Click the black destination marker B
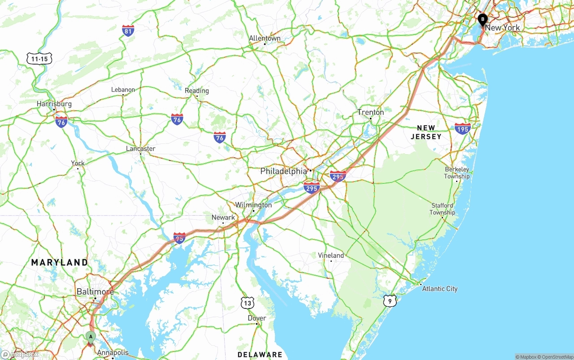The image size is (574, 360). click(482, 20)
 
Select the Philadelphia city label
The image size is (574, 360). click(284, 171)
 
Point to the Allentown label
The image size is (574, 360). click(265, 38)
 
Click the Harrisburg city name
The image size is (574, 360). click(54, 104)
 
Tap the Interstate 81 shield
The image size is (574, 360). click(128, 30)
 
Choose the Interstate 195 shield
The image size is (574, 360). click(462, 129)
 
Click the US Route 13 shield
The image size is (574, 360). click(248, 303)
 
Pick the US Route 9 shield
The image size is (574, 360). click(390, 301)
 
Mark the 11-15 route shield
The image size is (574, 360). click(39, 59)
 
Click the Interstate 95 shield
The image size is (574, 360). click(179, 238)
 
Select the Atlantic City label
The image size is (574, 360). click(439, 289)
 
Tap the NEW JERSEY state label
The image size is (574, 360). click(426, 132)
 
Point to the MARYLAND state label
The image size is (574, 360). click(60, 262)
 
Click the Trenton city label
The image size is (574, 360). click(370, 112)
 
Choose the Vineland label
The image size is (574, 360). click(331, 256)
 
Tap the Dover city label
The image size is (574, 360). click(257, 318)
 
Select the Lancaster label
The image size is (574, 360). click(140, 149)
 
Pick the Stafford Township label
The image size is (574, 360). click(442, 209)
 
